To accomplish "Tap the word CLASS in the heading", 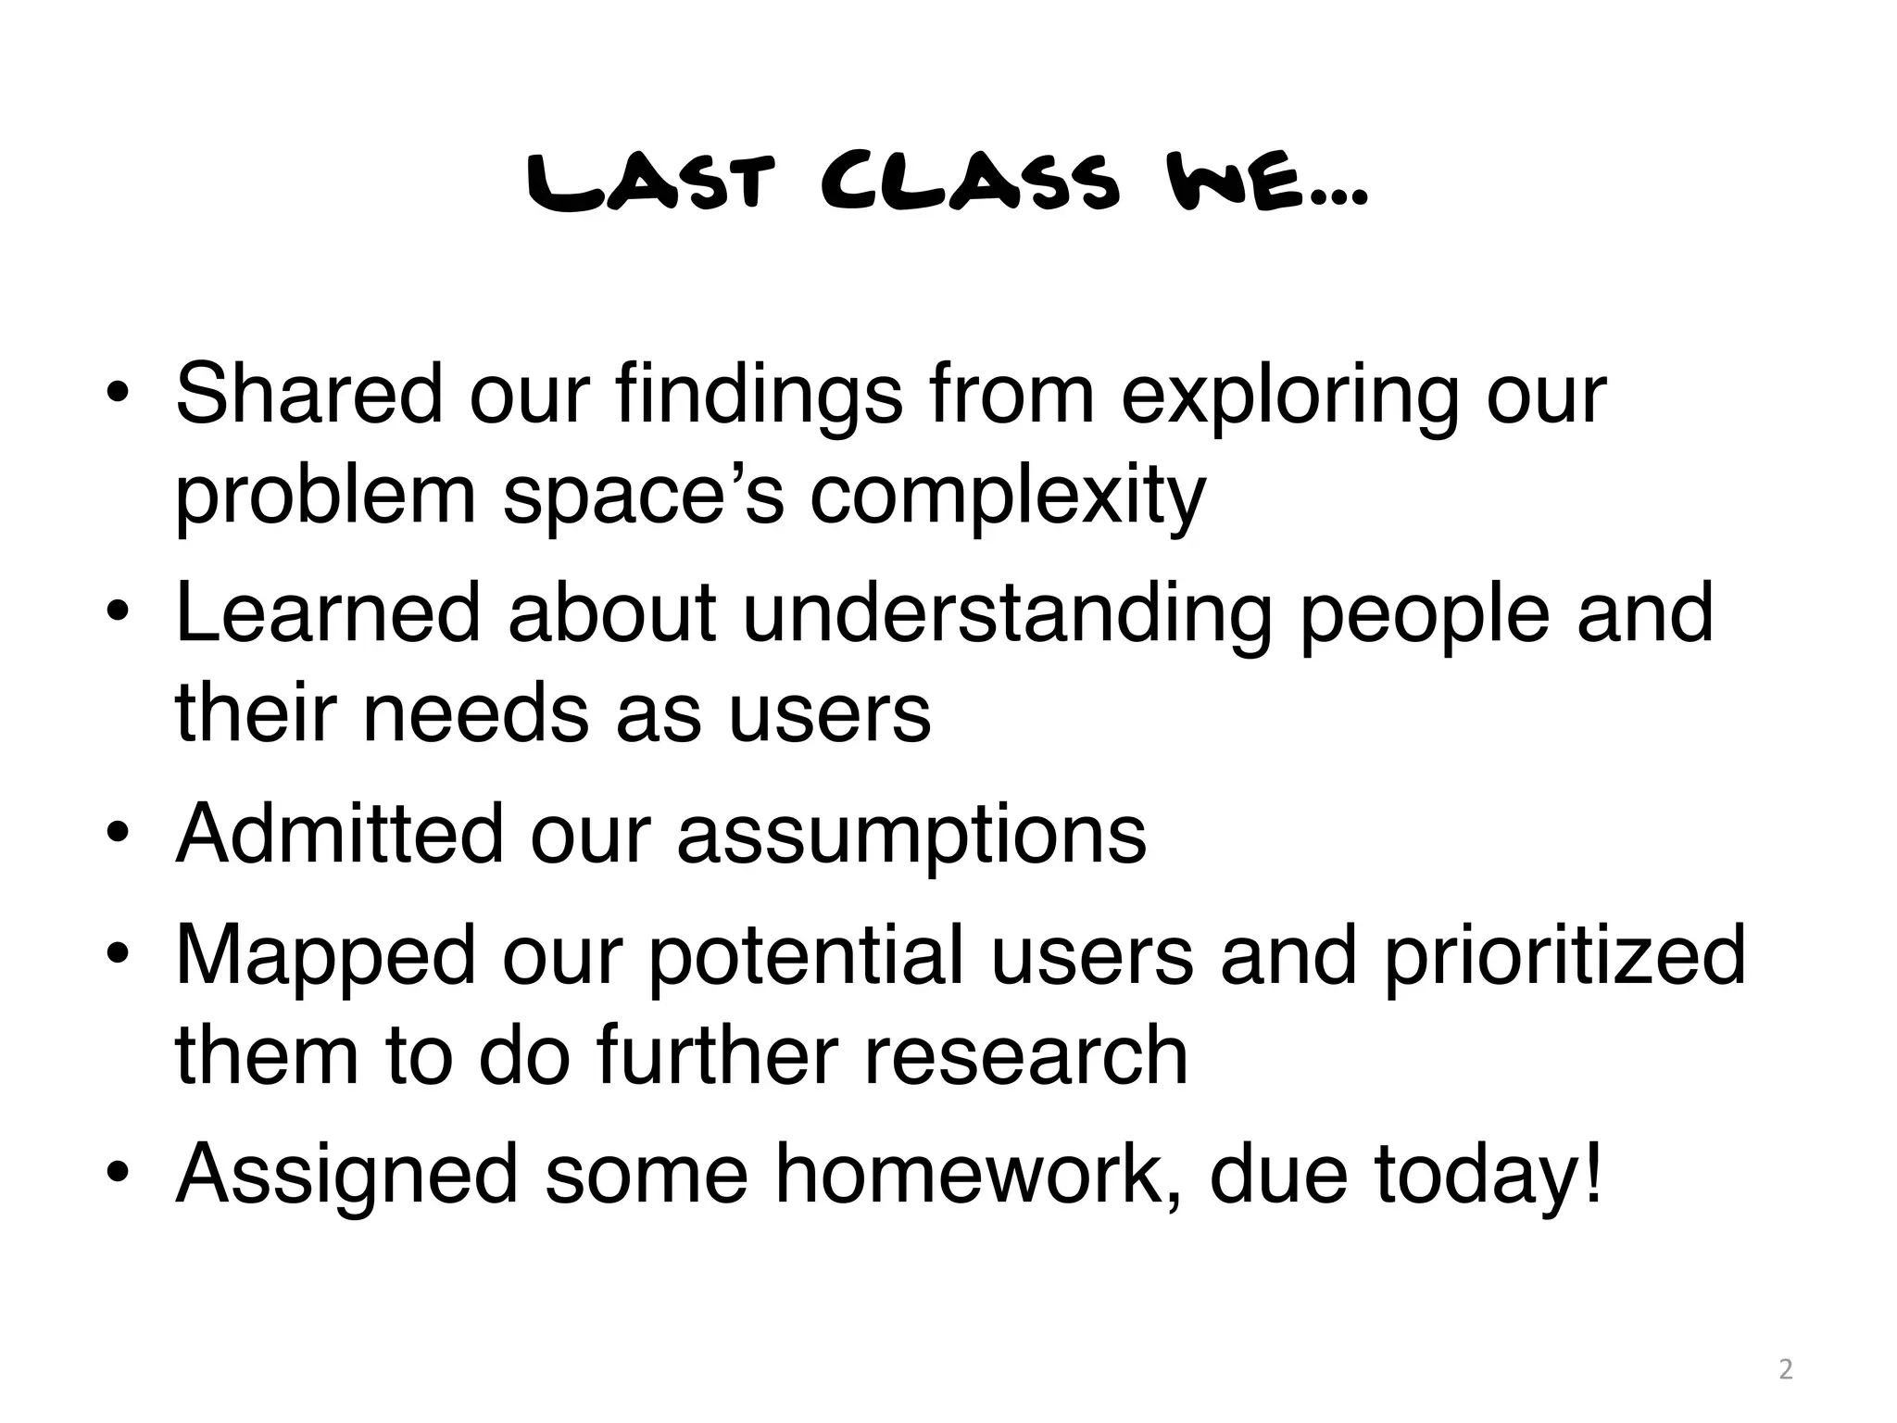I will click(x=970, y=185).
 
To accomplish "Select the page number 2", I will click(x=1786, y=1368).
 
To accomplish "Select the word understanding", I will click(x=1008, y=615).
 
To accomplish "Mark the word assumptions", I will click(x=911, y=836).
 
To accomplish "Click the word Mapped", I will click(x=325, y=956).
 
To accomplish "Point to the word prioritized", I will click(x=1564, y=956).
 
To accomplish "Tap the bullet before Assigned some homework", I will click(x=117, y=1175).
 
